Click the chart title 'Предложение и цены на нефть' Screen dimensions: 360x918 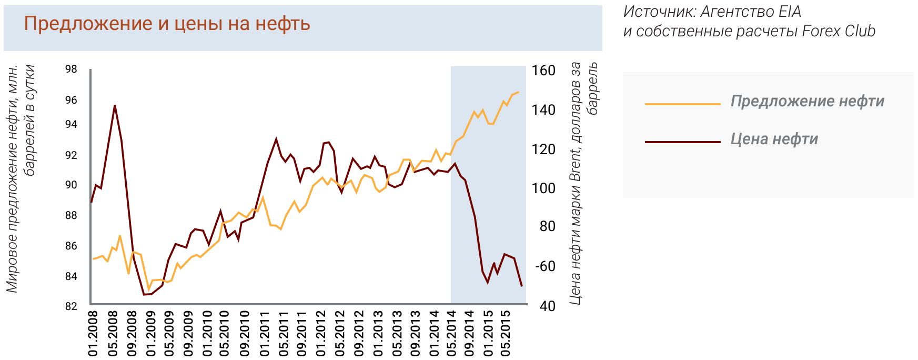[x=167, y=24]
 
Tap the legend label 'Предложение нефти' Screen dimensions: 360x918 [x=807, y=101]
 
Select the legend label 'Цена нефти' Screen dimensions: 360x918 [x=774, y=139]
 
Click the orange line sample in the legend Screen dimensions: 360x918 [x=682, y=104]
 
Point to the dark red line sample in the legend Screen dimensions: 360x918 [x=682, y=142]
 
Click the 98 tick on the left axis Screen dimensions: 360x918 [x=72, y=69]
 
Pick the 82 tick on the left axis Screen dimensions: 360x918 [x=72, y=306]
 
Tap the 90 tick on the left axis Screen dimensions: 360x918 [x=72, y=185]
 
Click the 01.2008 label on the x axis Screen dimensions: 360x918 [x=93, y=334]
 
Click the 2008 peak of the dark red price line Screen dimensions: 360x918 [x=115, y=105]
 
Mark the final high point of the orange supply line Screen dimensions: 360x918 [x=518, y=92]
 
